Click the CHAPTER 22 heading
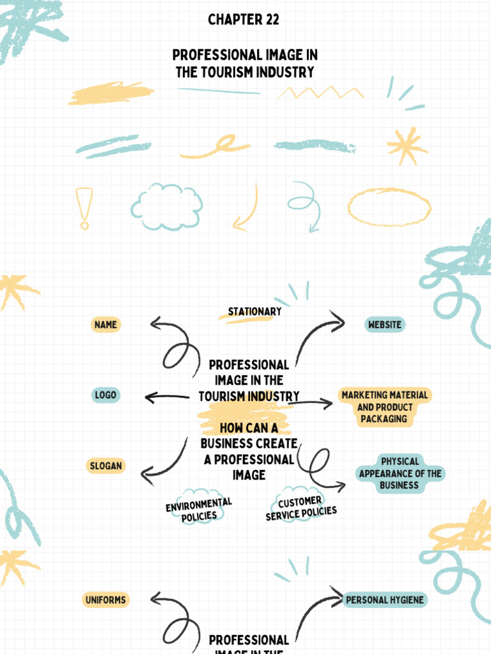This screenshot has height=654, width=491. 244,19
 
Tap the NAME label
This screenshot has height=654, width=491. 105,324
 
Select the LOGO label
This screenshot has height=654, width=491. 105,395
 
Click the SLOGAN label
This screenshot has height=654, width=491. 106,466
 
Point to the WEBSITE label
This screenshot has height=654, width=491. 384,324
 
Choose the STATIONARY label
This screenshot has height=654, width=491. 254,312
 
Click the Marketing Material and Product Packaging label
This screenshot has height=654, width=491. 384,407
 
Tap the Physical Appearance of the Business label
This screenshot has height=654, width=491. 400,473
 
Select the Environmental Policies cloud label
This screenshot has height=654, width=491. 199,510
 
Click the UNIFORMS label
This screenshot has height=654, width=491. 105,600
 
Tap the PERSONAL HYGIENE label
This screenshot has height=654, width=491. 384,600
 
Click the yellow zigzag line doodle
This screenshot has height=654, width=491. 320,92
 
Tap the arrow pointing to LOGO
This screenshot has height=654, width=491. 167,397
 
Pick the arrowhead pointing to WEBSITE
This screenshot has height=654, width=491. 338,322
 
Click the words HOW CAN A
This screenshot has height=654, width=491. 249,428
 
